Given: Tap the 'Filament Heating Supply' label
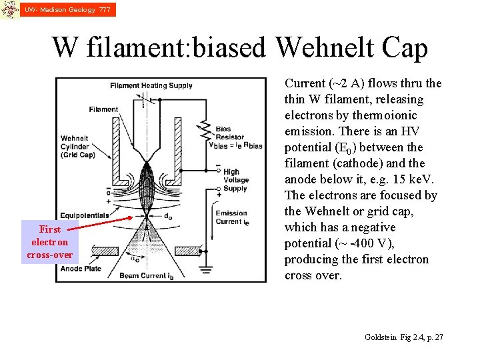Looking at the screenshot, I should point(151,85).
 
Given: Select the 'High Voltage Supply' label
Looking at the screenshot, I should point(236,180).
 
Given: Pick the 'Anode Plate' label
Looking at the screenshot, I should point(81,269).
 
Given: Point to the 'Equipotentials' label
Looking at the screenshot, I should point(86,215).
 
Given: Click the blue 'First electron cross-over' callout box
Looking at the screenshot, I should point(49,242).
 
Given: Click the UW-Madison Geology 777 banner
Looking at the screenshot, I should point(67,9).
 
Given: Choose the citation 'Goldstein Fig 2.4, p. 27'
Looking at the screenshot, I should point(404,337).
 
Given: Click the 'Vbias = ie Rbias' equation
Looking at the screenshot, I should point(235,145).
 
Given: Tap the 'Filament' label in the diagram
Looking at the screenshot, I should point(103,109).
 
